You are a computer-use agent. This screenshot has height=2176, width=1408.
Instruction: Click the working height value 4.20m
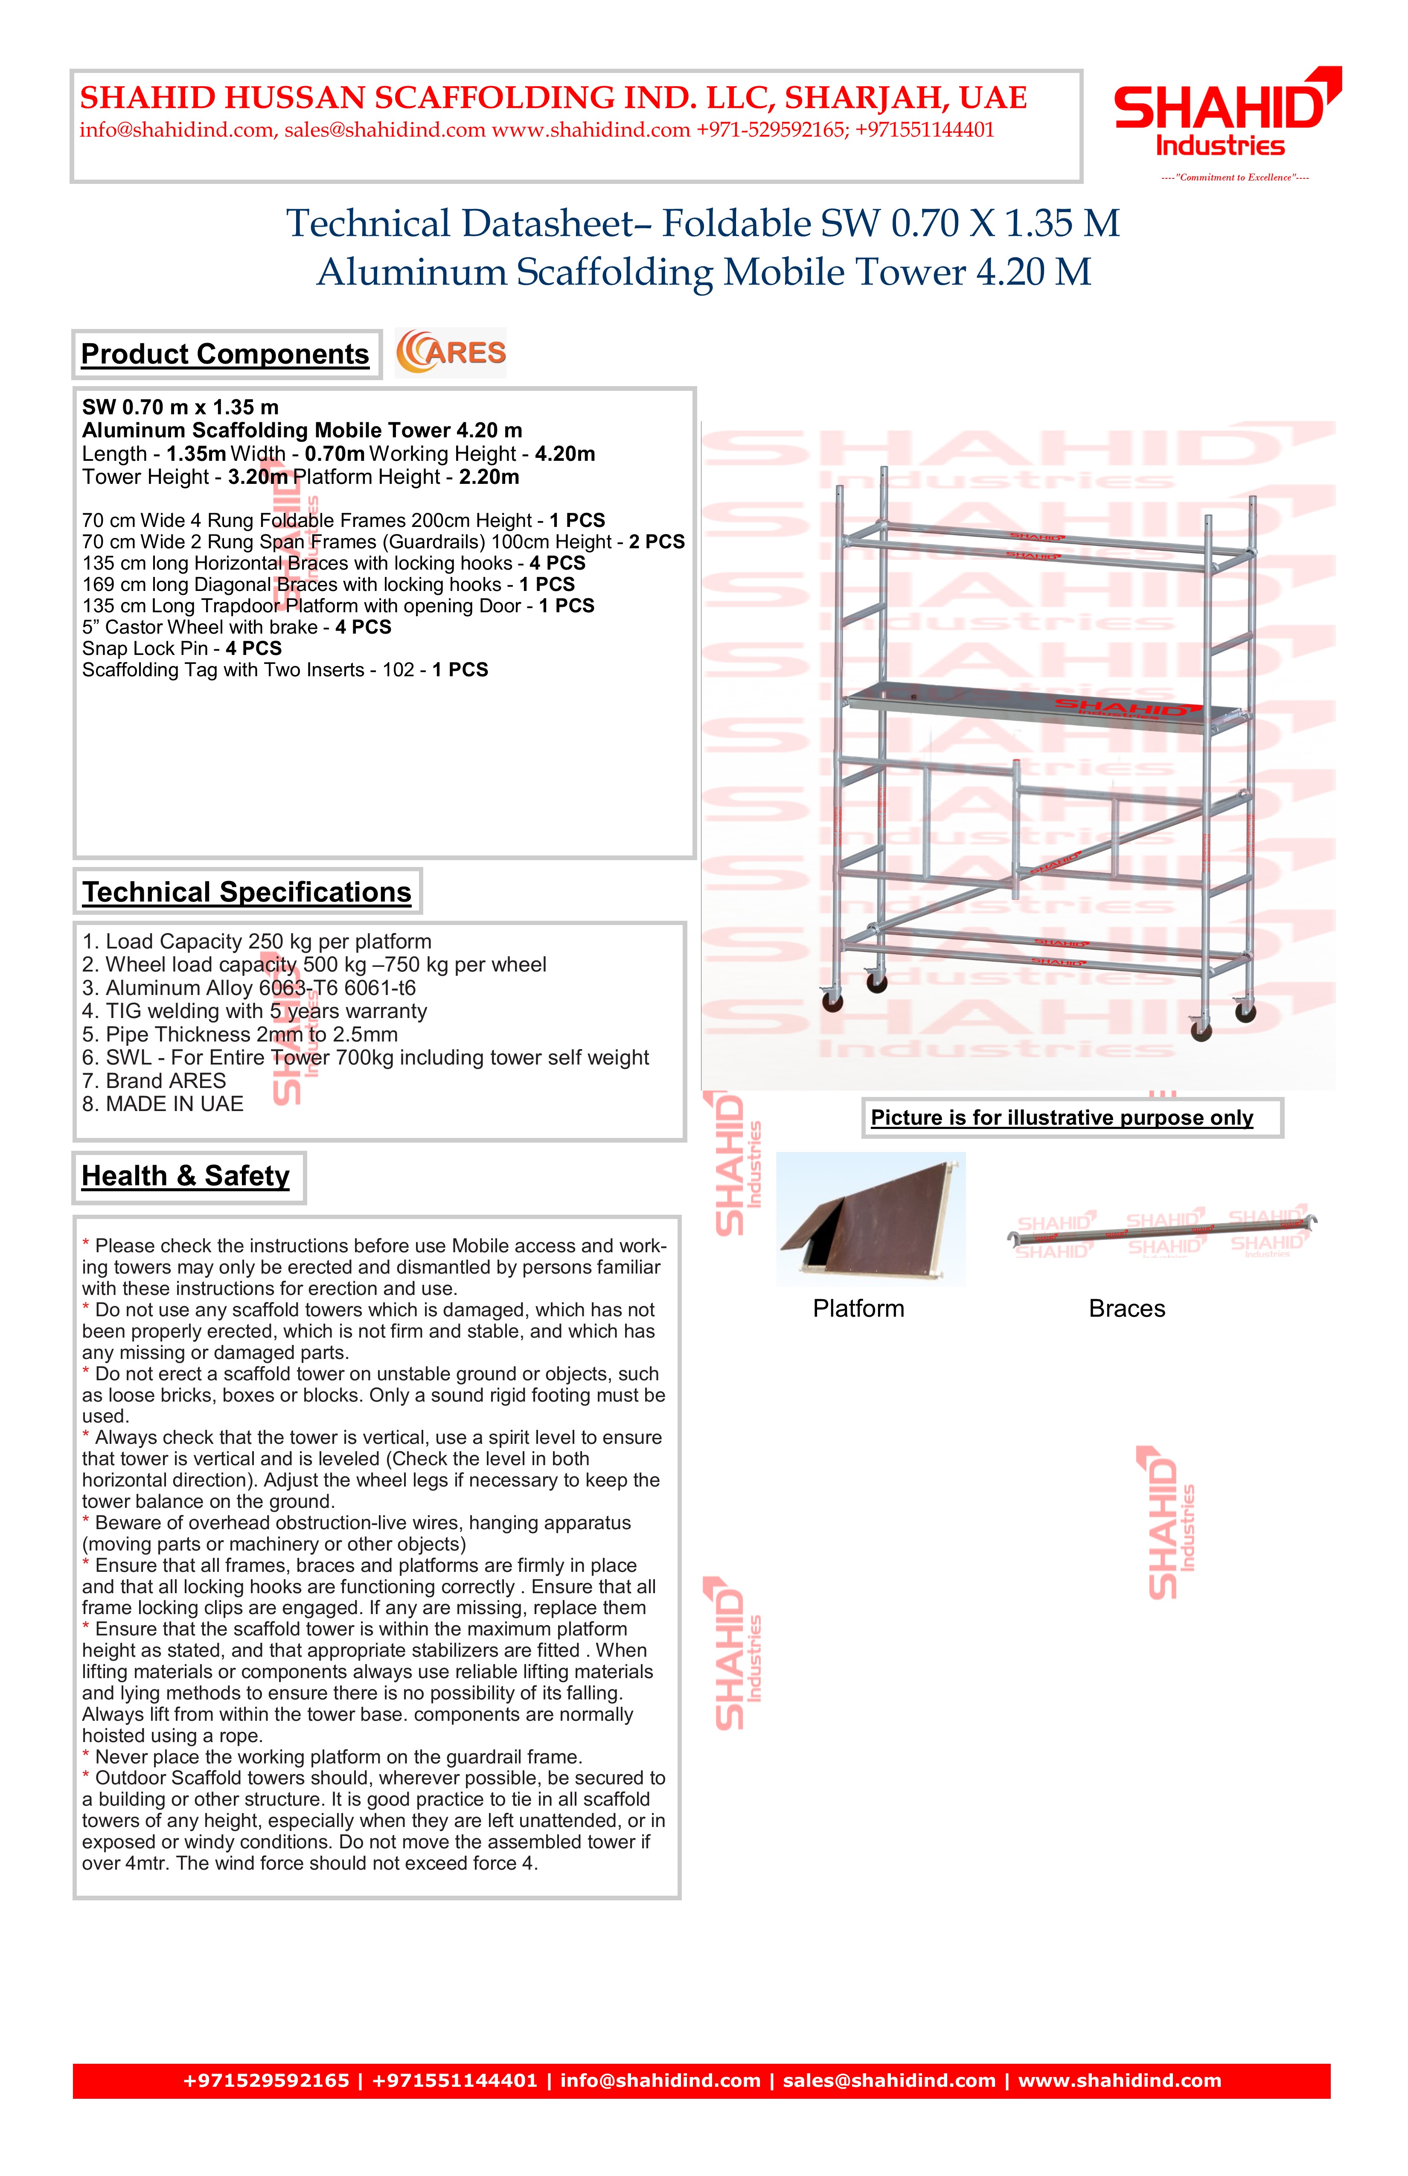pyautogui.click(x=565, y=454)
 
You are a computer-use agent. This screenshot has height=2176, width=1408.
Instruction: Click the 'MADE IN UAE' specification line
pyautogui.click(x=164, y=1105)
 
